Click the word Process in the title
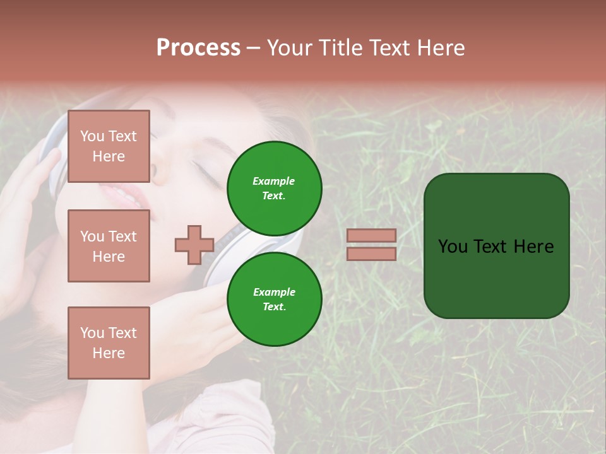(x=198, y=48)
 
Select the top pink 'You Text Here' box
(x=109, y=146)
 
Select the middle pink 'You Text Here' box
(x=109, y=246)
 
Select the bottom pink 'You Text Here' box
(x=109, y=343)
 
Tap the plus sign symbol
(x=194, y=245)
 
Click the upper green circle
(x=274, y=188)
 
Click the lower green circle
(x=274, y=299)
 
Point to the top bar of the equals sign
(x=372, y=235)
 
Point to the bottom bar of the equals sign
(x=372, y=253)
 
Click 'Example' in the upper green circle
(x=274, y=181)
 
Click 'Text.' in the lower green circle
(x=274, y=306)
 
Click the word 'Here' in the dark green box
(x=533, y=247)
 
